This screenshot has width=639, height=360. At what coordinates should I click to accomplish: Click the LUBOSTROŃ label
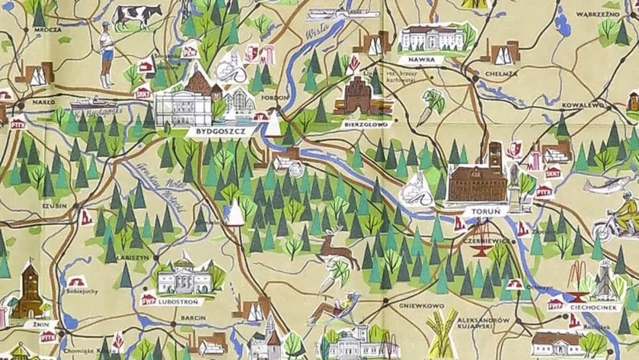(180, 301)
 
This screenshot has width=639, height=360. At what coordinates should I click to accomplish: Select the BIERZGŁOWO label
(364, 125)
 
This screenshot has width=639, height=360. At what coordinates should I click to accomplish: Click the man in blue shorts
(106, 54)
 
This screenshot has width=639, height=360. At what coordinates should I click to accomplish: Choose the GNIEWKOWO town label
(421, 306)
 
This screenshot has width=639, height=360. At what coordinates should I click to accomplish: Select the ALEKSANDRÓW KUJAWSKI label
(483, 323)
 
